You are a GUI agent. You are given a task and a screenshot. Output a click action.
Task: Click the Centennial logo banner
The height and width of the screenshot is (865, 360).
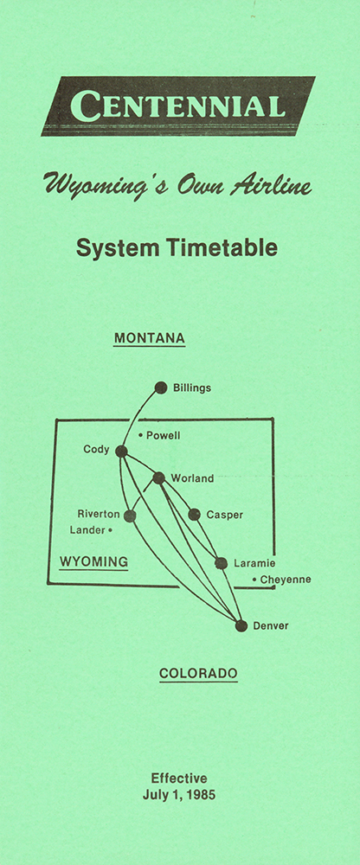[x=178, y=106]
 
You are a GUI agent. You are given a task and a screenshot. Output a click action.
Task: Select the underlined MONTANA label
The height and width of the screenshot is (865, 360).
[x=149, y=338]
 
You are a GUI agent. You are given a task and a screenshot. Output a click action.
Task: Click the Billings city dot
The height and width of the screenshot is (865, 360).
[x=161, y=388]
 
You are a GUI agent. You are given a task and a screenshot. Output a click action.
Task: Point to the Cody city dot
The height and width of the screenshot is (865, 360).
[x=121, y=452]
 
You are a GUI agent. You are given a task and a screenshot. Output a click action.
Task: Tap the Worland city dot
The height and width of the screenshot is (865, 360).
[x=158, y=477]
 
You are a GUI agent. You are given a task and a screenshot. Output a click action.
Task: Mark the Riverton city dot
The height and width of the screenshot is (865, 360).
[x=130, y=516]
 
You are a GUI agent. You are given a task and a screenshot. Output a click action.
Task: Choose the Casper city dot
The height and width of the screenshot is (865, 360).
[x=194, y=515]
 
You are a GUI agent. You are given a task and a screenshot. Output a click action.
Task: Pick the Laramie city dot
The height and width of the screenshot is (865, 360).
[x=221, y=563]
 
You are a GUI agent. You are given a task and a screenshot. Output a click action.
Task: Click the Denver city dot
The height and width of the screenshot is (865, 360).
[x=241, y=625]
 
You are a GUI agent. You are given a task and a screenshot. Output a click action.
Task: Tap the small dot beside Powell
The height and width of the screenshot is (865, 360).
[x=140, y=436]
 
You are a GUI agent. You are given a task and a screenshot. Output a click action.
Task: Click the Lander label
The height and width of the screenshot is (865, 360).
[x=87, y=530]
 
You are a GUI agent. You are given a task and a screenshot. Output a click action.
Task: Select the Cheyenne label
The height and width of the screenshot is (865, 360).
[x=286, y=580]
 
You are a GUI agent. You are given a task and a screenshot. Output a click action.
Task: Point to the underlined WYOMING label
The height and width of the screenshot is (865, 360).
[x=93, y=563]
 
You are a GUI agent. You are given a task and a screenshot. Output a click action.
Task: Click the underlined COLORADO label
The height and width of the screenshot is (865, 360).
[x=198, y=674]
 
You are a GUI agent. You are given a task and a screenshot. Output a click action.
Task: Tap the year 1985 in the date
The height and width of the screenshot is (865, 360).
[x=202, y=796]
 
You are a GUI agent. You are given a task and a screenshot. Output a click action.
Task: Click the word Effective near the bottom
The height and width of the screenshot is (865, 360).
[x=179, y=778]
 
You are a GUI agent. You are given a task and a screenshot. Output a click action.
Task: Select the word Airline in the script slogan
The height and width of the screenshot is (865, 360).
[x=271, y=186]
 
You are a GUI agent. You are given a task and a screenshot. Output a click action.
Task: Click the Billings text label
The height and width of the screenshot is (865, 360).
[x=192, y=388]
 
